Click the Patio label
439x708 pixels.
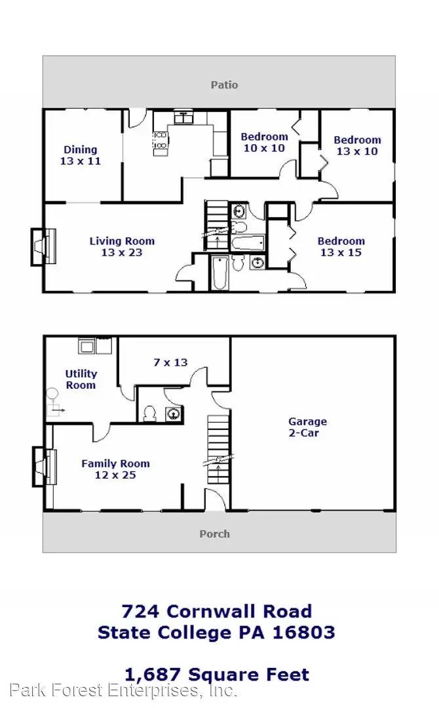(x=224, y=85)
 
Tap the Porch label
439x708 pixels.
(x=214, y=534)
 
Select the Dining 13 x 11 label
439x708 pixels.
(x=80, y=155)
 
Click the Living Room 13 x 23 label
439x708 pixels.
(x=122, y=246)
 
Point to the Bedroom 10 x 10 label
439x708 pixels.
(x=264, y=142)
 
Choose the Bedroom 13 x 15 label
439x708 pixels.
(x=341, y=246)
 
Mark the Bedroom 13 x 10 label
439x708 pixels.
(x=357, y=146)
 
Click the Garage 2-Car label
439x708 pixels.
(x=307, y=427)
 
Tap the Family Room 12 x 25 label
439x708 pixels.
(x=115, y=469)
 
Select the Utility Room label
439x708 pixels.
(x=81, y=379)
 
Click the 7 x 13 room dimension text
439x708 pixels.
(x=170, y=362)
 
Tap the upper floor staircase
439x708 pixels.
(x=216, y=225)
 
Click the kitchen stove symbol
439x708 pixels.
(x=161, y=144)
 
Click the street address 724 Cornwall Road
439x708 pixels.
(x=216, y=611)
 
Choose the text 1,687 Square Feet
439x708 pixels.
(x=216, y=673)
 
